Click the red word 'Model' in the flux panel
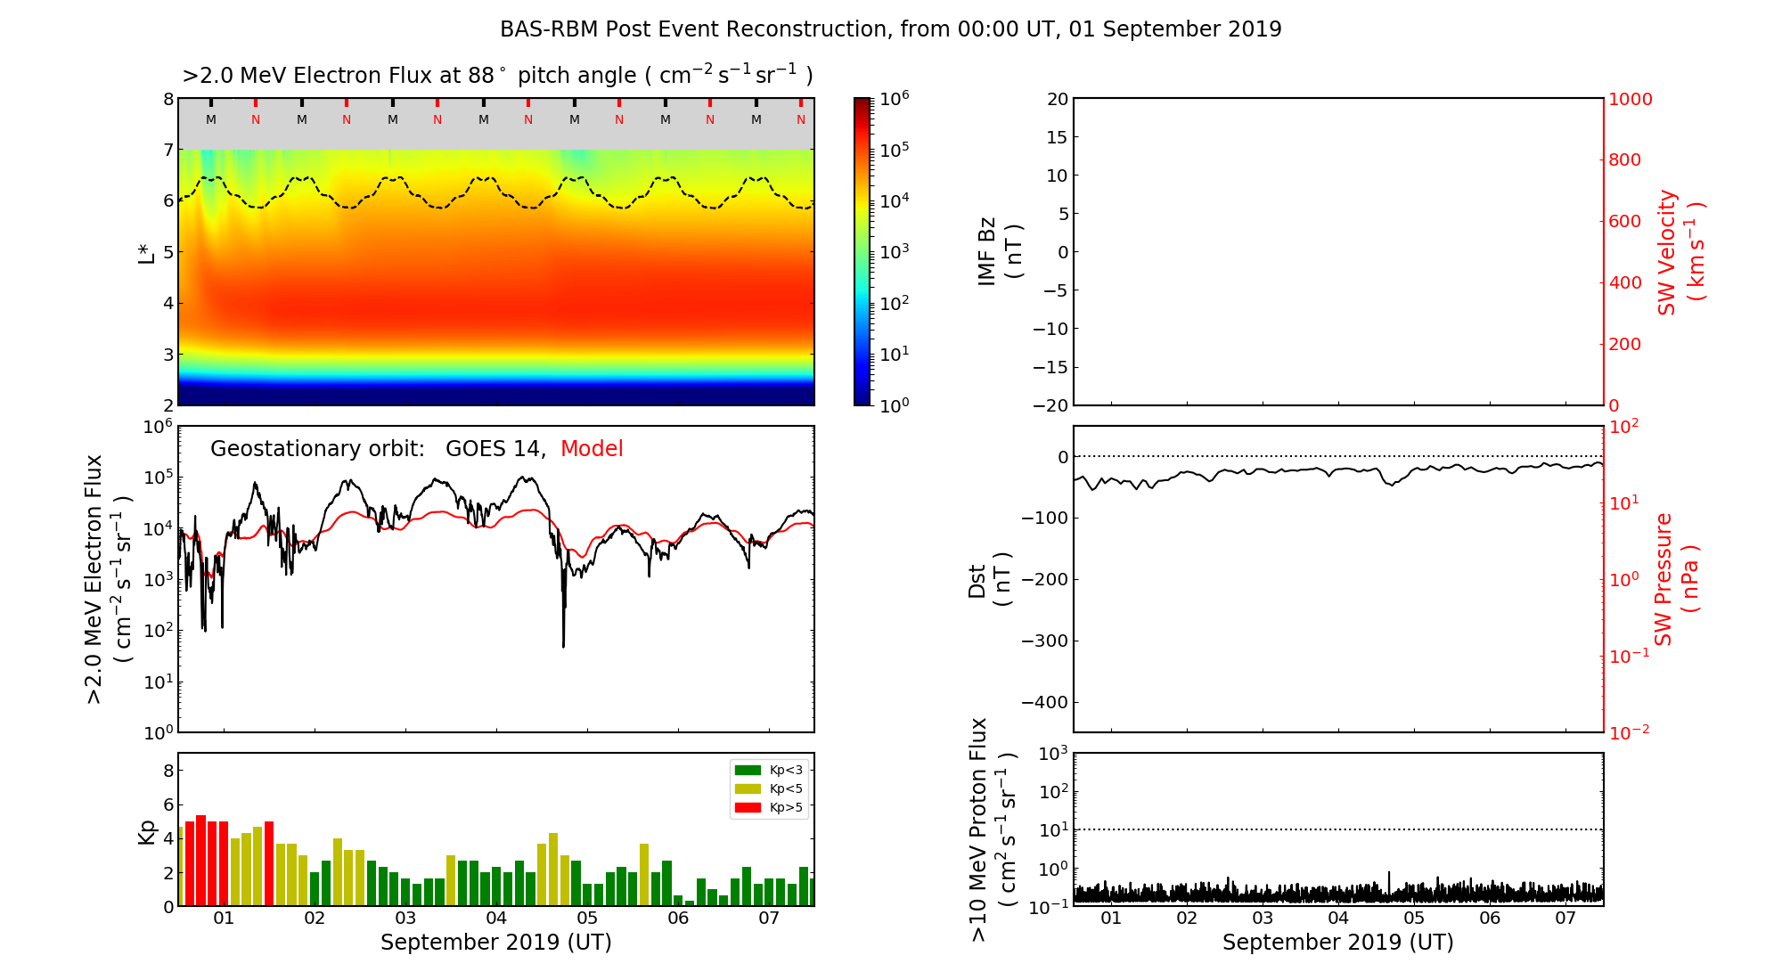592,449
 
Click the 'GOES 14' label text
495,449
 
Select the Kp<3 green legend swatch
748,770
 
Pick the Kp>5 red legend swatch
748,808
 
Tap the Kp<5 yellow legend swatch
748,789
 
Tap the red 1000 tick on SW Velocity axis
1630,99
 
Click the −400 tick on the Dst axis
1044,702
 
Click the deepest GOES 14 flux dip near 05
563,645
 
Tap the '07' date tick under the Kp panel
769,919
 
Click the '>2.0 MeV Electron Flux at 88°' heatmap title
497,76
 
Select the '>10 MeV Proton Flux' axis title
992,829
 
